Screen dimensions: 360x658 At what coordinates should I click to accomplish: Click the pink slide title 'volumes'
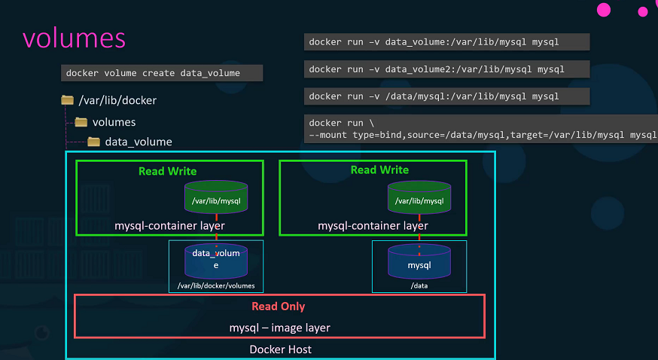(x=74, y=39)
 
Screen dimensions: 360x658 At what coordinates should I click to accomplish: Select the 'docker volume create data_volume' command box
(x=161, y=73)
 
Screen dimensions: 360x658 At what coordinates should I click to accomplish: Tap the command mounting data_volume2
(x=446, y=69)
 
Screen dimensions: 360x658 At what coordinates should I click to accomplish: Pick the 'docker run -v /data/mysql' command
(x=446, y=96)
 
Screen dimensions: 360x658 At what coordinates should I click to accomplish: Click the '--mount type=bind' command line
(x=483, y=136)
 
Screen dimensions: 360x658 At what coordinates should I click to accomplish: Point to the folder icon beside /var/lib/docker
(x=67, y=100)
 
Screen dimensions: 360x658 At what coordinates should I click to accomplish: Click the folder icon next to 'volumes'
(x=81, y=122)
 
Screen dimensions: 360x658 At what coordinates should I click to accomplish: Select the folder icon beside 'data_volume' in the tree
(x=93, y=142)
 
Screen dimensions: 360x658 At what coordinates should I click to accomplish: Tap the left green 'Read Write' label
(x=168, y=171)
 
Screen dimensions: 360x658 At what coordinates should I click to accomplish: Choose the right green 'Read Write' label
(x=379, y=170)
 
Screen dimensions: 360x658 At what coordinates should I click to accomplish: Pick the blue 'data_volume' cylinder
(x=216, y=260)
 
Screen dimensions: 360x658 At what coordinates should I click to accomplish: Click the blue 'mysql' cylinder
(x=419, y=263)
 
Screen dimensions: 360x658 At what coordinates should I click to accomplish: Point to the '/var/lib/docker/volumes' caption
(x=216, y=286)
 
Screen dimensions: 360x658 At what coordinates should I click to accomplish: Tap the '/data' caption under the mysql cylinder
(x=419, y=286)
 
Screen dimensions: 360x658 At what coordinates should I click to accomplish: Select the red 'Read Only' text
(x=278, y=307)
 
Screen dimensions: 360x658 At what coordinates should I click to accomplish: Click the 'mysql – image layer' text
(x=279, y=328)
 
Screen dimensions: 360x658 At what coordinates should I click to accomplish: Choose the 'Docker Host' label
(x=280, y=349)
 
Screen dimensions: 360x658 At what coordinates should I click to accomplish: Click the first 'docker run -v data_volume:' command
(x=446, y=42)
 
